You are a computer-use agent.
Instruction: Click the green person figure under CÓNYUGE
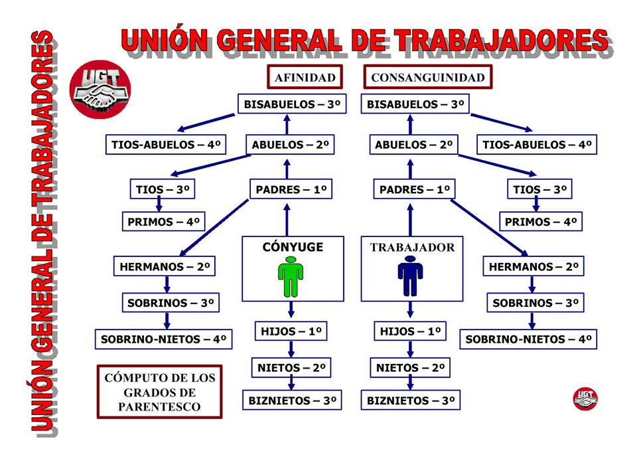click(291, 278)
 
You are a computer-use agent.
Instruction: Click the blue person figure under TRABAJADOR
click(410, 278)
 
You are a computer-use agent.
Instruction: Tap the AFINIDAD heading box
click(305, 77)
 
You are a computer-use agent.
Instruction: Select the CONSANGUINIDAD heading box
click(427, 77)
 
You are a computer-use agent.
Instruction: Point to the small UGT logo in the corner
click(585, 398)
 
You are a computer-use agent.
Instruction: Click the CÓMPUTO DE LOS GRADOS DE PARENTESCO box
click(160, 392)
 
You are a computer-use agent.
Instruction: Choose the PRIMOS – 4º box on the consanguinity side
click(540, 222)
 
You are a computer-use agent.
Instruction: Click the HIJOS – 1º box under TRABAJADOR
click(410, 331)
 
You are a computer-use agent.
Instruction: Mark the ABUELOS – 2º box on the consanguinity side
click(413, 145)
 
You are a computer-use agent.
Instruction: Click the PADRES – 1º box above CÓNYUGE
click(290, 190)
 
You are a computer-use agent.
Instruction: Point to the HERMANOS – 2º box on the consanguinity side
click(534, 267)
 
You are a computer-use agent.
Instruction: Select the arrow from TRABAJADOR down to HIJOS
click(410, 310)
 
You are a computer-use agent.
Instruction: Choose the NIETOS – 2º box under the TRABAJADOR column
click(410, 367)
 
